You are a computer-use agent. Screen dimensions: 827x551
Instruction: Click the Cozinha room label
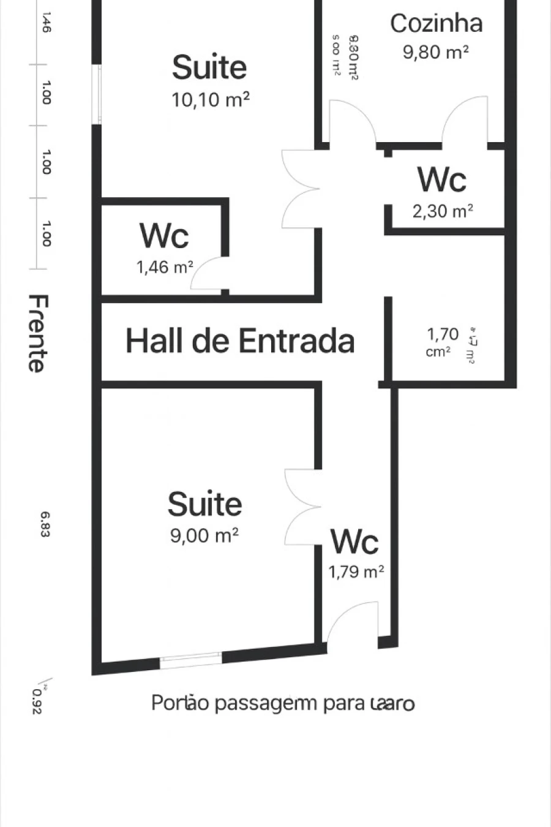point(437,23)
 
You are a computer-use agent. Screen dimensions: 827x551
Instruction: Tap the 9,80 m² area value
point(435,52)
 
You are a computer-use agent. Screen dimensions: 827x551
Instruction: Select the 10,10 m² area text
point(210,99)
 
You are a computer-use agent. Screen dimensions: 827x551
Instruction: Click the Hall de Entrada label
point(240,341)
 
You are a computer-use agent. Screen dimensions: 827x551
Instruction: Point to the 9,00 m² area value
point(204,535)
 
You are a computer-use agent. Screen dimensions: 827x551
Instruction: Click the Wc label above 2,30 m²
point(441,179)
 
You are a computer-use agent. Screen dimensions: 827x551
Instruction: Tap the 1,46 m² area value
point(164,267)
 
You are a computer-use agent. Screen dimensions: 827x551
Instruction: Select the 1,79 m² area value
point(356,572)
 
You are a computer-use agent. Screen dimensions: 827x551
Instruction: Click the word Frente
point(37,333)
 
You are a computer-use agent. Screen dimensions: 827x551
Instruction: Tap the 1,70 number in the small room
point(442,334)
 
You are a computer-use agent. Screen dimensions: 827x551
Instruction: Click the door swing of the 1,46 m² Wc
point(208,274)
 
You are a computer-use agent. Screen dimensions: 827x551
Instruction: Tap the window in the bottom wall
point(190,660)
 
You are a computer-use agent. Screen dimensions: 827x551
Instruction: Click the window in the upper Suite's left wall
point(97,94)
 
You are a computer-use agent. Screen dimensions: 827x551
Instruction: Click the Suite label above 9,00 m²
point(204,504)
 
